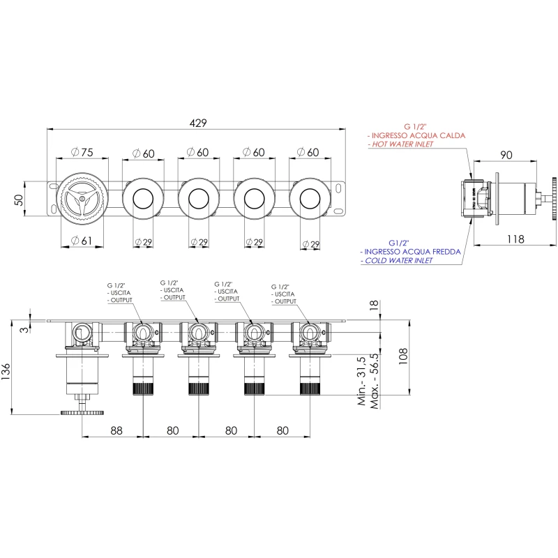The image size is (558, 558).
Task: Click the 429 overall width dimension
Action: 198,123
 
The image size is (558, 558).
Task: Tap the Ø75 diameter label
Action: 82,152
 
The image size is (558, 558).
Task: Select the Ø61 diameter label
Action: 82,241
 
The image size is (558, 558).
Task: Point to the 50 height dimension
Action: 19,199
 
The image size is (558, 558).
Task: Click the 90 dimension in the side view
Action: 506,155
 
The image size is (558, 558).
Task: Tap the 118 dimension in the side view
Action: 515,239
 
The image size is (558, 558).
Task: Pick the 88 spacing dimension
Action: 116,430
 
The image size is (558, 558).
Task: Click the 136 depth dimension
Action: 6,372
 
